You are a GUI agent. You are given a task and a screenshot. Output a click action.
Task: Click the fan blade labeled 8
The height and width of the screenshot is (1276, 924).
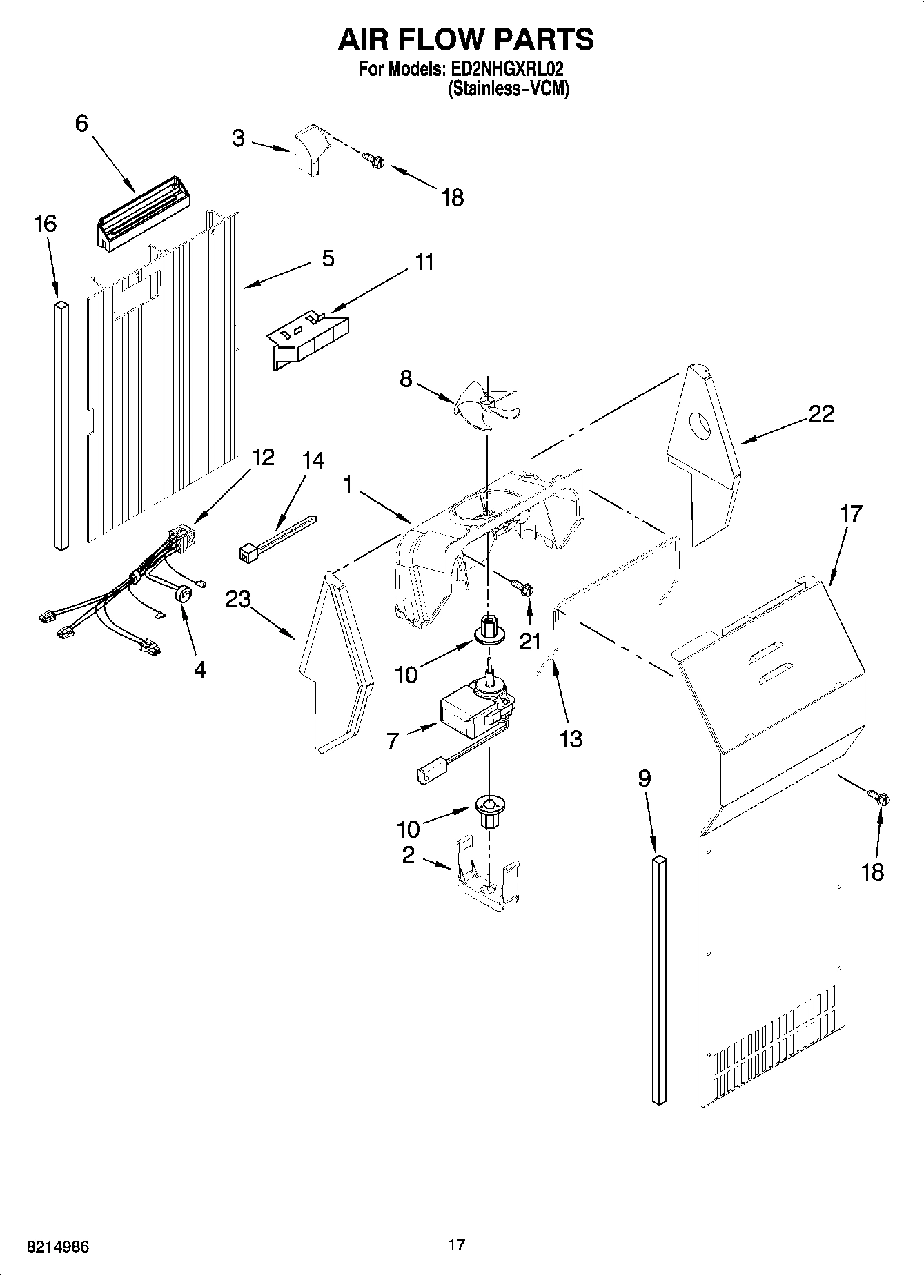486,408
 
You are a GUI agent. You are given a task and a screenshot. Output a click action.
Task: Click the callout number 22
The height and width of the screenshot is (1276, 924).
820,414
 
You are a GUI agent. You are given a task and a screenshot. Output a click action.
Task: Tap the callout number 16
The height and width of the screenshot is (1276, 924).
45,224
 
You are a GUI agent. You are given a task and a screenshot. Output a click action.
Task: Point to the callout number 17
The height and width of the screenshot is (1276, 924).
850,514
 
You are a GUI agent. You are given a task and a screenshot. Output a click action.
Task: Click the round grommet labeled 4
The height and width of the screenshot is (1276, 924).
184,593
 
